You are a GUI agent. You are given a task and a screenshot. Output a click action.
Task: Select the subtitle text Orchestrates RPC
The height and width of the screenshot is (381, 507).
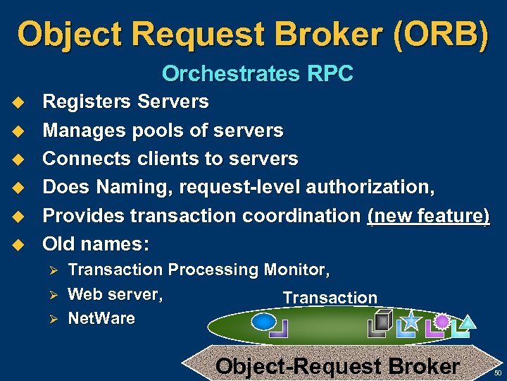click(257, 73)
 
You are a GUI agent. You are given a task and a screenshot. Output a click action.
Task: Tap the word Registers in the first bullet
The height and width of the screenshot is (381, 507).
click(87, 102)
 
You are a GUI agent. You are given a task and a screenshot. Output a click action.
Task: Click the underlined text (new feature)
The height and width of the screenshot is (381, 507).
click(428, 216)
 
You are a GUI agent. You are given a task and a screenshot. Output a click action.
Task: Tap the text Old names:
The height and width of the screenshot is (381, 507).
click(96, 244)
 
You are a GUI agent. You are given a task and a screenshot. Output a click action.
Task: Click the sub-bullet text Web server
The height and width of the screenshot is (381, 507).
click(115, 294)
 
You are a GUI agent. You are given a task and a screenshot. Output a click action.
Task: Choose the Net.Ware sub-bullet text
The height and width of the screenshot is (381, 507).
click(101, 318)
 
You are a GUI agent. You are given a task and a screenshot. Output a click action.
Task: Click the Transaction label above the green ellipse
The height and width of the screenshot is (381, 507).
click(330, 298)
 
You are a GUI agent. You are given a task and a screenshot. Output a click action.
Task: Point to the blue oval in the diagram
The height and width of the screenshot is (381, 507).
click(263, 322)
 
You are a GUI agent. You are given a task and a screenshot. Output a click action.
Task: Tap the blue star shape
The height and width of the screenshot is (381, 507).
click(411, 321)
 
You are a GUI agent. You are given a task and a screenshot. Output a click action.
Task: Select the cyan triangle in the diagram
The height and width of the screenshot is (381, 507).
click(468, 322)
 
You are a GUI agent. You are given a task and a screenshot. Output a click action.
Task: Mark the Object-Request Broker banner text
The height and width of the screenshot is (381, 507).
click(337, 366)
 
